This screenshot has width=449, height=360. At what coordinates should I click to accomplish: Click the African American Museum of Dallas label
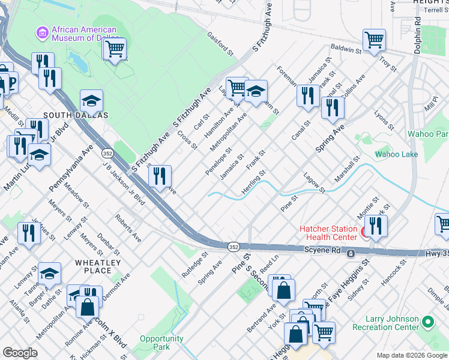pos(83,34)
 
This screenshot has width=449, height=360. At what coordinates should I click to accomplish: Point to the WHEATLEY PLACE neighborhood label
pos(98,266)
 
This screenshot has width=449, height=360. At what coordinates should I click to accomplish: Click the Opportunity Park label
pos(161,343)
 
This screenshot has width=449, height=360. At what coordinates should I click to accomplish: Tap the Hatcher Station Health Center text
pos(329,233)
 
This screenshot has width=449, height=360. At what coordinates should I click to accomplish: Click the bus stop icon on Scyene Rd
pos(350,254)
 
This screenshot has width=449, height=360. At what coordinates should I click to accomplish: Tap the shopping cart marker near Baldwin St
pos(374,40)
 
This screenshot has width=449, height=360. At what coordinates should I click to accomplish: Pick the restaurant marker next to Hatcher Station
pos(376,226)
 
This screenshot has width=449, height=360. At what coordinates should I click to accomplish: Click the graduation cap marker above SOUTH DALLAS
pos(91,100)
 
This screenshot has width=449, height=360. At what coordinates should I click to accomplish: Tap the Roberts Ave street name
pos(128,228)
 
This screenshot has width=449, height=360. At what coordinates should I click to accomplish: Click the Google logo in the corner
pos(20,353)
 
